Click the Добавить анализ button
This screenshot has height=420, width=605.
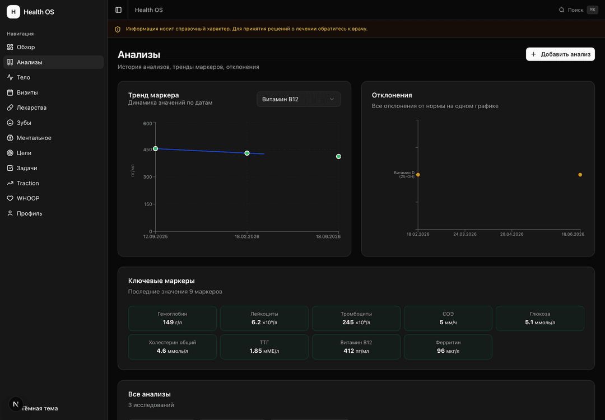pos(560,54)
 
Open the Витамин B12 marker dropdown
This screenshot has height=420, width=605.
pos(298,99)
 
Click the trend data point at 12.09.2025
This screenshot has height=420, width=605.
pos(156,148)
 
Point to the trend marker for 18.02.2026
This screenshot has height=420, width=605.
pos(247,153)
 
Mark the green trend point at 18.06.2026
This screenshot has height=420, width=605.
pos(338,156)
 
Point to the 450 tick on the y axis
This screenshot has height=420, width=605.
pos(147,150)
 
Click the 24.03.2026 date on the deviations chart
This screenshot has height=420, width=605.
pos(464,234)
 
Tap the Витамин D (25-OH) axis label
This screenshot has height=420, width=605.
pos(404,175)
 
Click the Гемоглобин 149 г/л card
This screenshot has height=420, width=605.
pos(172,318)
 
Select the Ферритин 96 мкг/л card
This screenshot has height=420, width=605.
pos(448,347)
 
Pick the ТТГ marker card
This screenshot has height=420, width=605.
pos(264,347)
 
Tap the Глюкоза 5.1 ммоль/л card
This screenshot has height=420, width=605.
pos(540,318)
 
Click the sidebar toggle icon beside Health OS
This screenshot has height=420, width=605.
pos(118,10)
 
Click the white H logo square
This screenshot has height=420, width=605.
pos(13,12)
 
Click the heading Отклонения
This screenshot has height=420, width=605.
pos(392,95)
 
